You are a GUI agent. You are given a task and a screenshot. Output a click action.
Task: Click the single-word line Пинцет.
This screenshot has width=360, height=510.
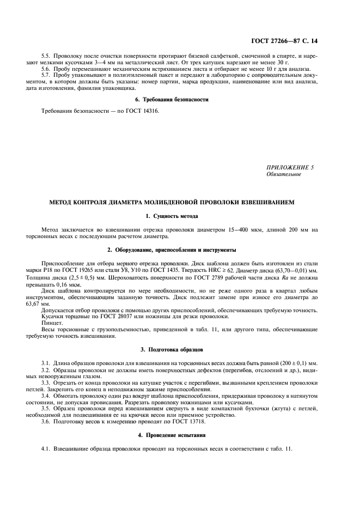51,323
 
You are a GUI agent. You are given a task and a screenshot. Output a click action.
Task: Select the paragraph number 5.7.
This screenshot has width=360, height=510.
47,74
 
